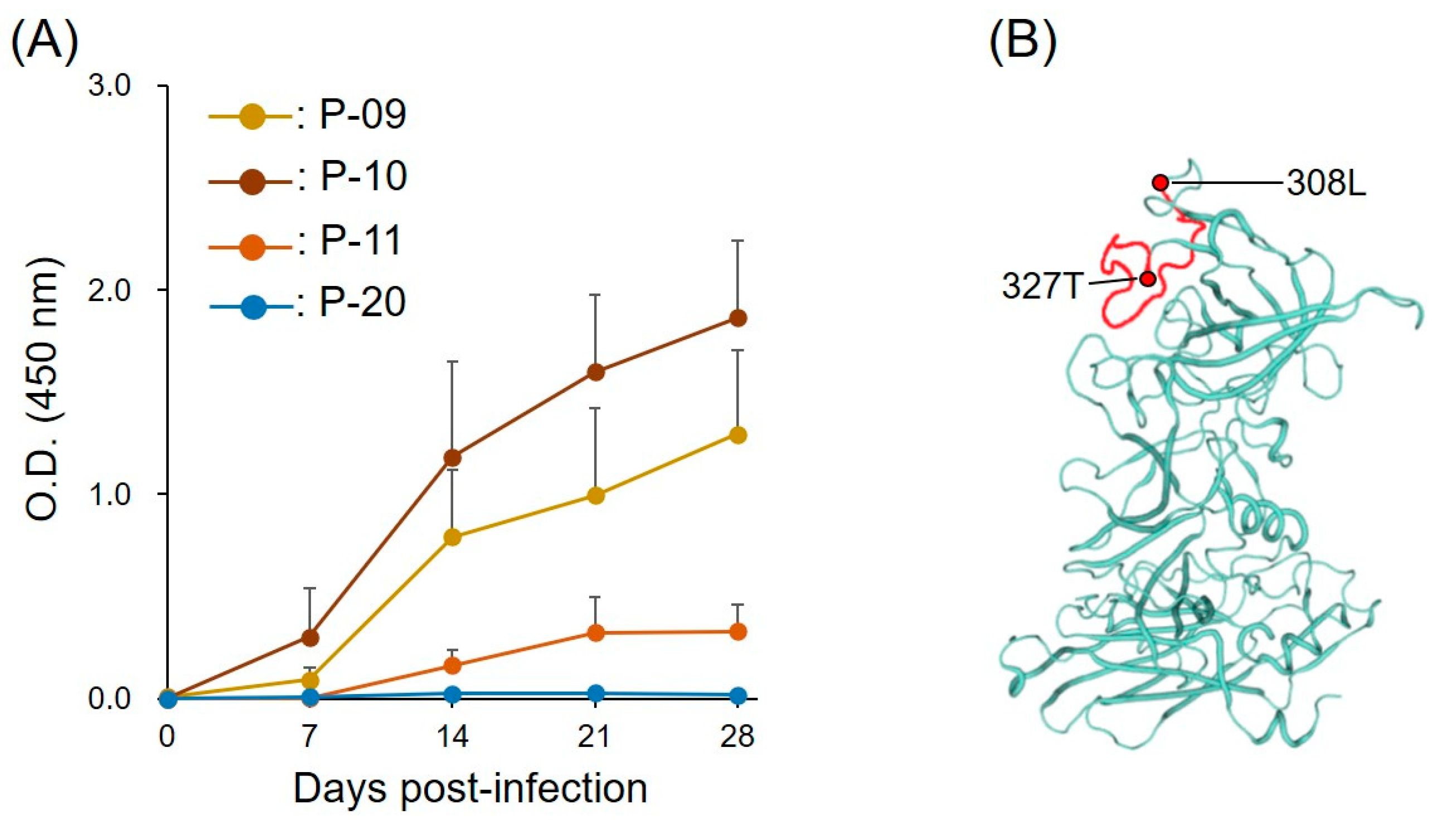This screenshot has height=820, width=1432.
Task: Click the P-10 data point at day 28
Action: [737, 318]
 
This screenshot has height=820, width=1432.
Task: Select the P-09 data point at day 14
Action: [452, 537]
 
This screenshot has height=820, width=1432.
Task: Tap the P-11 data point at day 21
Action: [595, 633]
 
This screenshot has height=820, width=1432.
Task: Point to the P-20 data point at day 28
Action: [737, 696]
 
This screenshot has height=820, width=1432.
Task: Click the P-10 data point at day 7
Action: [310, 638]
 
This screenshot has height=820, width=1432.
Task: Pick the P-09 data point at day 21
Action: [595, 496]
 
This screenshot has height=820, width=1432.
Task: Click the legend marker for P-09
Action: [253, 117]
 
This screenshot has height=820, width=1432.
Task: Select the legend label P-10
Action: [363, 177]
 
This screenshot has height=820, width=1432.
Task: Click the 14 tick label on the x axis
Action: [452, 736]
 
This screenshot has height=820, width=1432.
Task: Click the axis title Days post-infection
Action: [470, 789]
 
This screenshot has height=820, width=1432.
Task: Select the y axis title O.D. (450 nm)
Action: [43, 391]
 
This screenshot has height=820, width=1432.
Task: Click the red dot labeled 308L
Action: [1160, 182]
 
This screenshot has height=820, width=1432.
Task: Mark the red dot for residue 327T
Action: [1148, 279]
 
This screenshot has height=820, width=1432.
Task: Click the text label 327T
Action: [1043, 287]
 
